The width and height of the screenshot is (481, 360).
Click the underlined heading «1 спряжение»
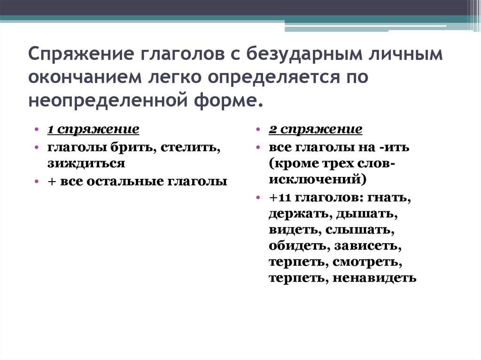point(93,129)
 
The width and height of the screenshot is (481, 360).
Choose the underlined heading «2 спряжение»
point(316,129)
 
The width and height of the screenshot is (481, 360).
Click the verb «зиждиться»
point(85,163)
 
